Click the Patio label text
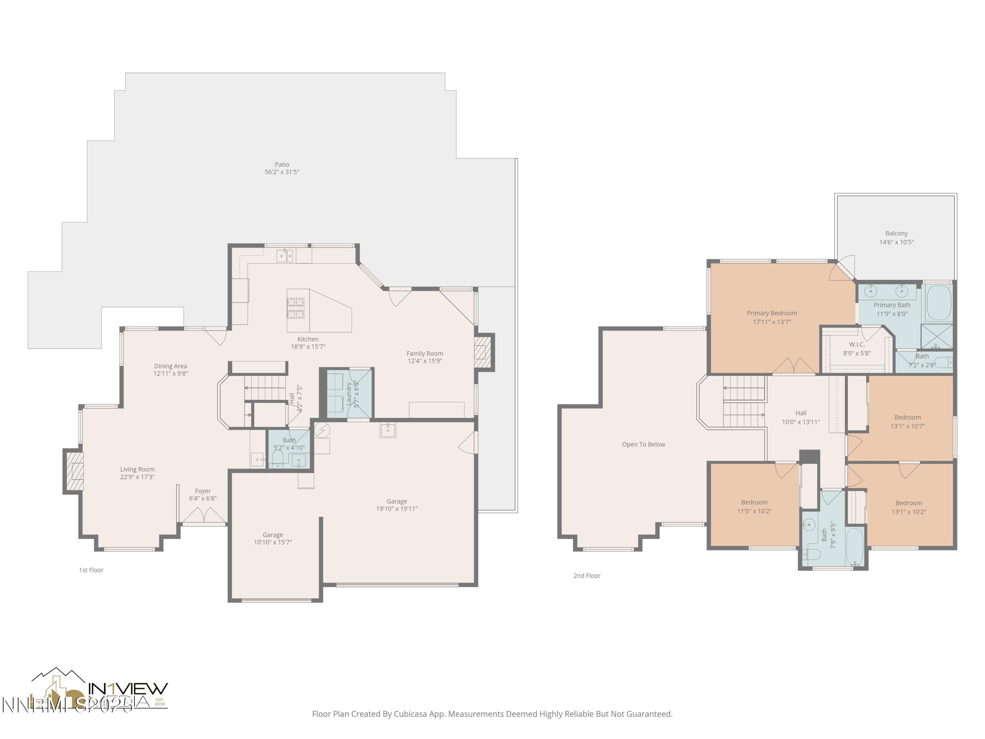tap(282, 168)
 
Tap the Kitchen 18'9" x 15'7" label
tap(308, 343)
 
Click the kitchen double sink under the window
tap(285, 256)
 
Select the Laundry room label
tap(352, 394)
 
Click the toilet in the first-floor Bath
tap(277, 459)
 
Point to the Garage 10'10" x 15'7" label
tap(273, 538)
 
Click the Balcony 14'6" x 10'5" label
tap(896, 237)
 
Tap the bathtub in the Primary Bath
tap(938, 303)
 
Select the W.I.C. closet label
tap(857, 348)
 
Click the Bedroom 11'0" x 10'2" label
tap(754, 506)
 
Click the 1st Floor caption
tap(91, 570)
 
